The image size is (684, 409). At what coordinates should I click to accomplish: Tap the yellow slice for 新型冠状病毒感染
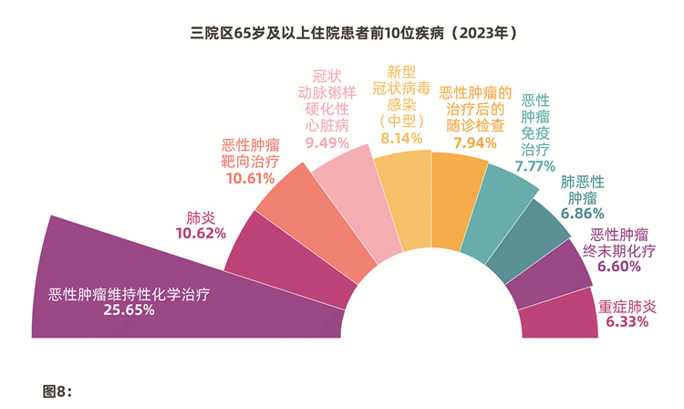[401, 196]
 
